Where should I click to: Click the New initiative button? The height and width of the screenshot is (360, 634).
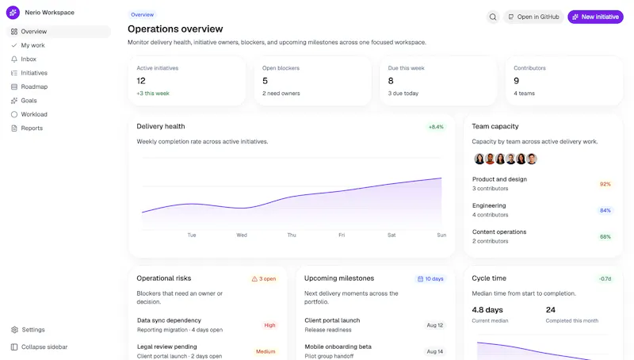(595, 17)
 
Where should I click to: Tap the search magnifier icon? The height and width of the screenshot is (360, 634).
(493, 17)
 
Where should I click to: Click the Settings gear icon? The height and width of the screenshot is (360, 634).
(14, 330)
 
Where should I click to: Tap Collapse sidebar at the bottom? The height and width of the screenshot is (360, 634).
(39, 347)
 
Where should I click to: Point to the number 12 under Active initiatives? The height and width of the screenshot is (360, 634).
(141, 81)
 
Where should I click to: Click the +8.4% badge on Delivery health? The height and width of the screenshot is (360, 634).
(436, 127)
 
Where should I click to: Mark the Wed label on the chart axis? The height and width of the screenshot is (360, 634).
(242, 235)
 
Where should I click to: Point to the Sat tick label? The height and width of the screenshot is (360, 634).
(391, 235)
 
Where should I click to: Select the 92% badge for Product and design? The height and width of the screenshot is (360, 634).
(605, 184)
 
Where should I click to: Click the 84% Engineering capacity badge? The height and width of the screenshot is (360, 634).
(605, 210)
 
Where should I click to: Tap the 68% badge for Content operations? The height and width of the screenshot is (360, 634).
(605, 236)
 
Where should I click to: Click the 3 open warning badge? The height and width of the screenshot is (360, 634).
(264, 278)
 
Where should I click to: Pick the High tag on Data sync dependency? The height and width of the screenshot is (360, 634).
(269, 325)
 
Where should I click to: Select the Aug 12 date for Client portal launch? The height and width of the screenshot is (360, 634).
(434, 325)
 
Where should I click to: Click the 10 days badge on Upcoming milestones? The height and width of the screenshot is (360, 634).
(430, 278)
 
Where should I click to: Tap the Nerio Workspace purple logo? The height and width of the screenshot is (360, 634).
(13, 13)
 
